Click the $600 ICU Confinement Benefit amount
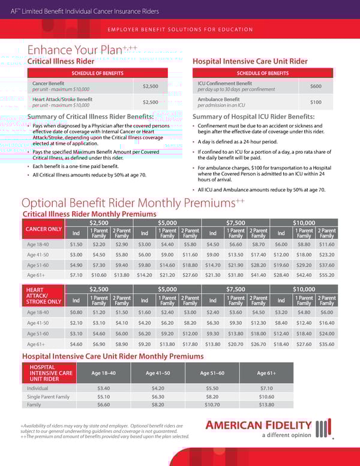pyautogui.click(x=316, y=86)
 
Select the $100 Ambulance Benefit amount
pyautogui.click(x=316, y=102)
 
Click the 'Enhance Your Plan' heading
pyautogui.click(x=74, y=50)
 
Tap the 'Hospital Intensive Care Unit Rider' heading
pyautogui.click(x=250, y=61)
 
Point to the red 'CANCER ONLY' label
pyautogui.click(x=43, y=229)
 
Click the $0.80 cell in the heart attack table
pyautogui.click(x=76, y=312)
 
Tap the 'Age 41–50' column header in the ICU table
pyautogui.click(x=158, y=372)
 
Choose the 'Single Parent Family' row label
pyautogui.click(x=48, y=396)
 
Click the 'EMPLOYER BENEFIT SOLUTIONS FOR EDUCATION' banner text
pyautogui.click(x=179, y=29)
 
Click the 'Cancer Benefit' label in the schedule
pyautogui.click(x=49, y=83)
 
